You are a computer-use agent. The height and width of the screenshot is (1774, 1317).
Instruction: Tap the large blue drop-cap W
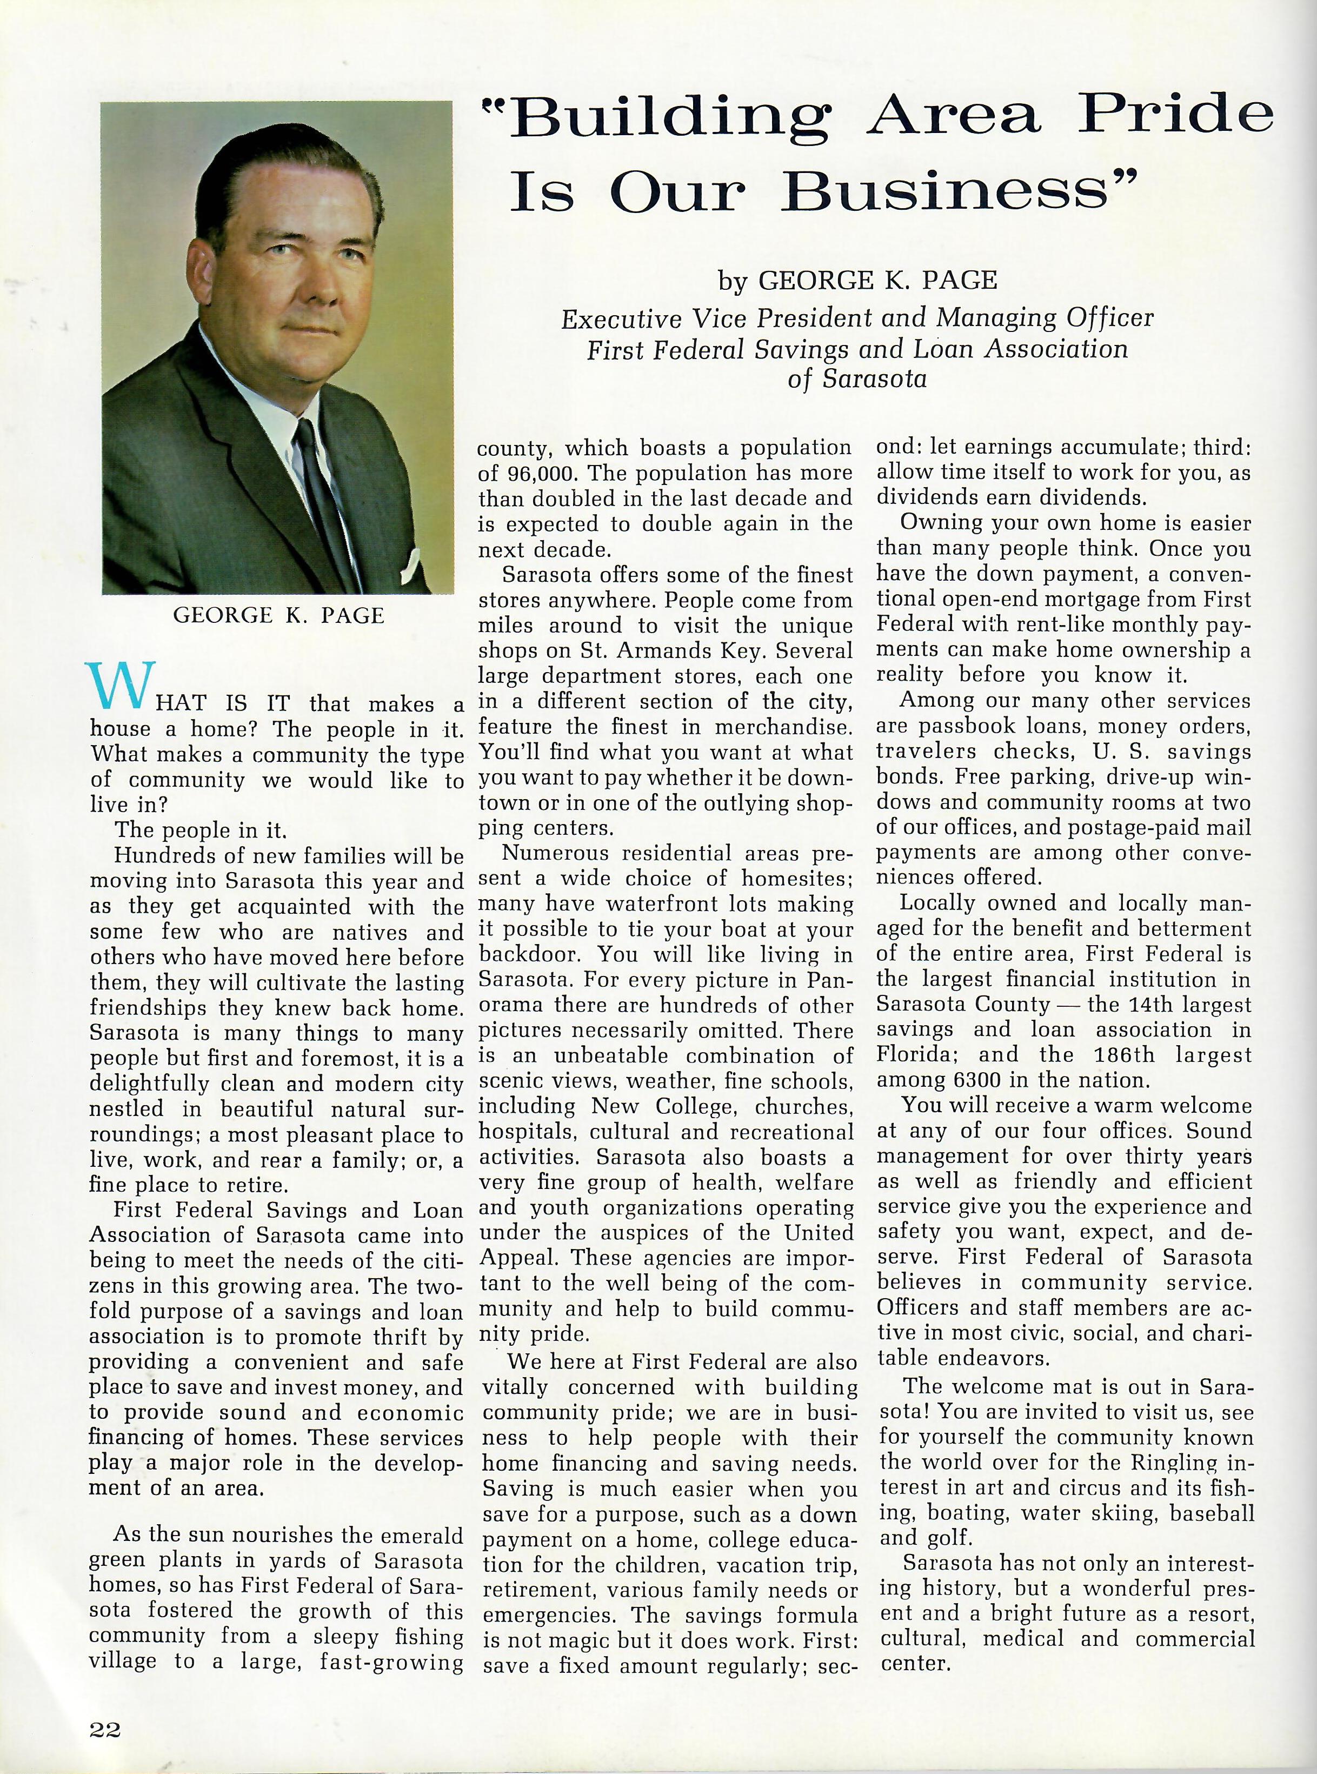point(119,686)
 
